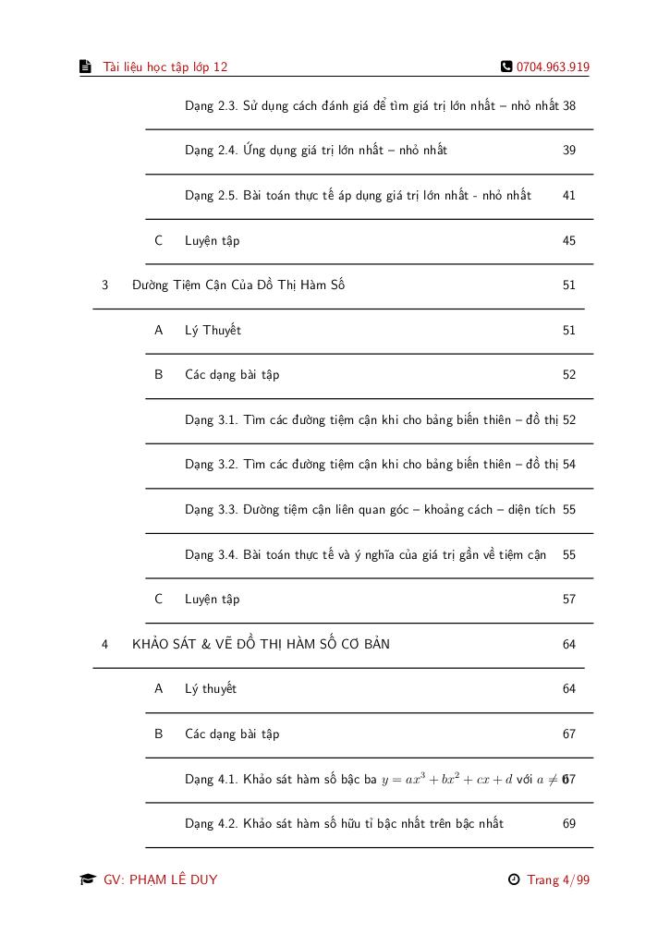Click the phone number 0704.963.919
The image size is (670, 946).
click(553, 67)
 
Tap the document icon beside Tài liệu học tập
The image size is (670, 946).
click(85, 67)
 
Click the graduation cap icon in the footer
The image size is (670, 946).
click(87, 879)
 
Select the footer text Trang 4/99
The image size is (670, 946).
click(558, 879)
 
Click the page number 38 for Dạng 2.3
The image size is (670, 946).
click(569, 106)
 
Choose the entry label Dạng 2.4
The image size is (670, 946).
click(211, 151)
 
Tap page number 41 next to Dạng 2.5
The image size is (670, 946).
click(569, 196)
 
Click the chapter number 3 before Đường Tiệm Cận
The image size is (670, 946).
click(105, 285)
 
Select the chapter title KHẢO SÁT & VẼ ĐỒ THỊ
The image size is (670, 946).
click(261, 644)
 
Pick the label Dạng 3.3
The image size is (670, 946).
click(211, 510)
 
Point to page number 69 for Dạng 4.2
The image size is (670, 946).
click(569, 824)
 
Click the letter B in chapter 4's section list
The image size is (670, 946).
click(159, 734)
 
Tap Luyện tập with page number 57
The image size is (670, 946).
click(212, 600)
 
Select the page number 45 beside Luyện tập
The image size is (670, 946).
click(569, 241)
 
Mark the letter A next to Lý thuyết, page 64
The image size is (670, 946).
click(159, 689)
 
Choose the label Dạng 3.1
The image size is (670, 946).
click(211, 420)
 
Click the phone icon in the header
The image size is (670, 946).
click(506, 67)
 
